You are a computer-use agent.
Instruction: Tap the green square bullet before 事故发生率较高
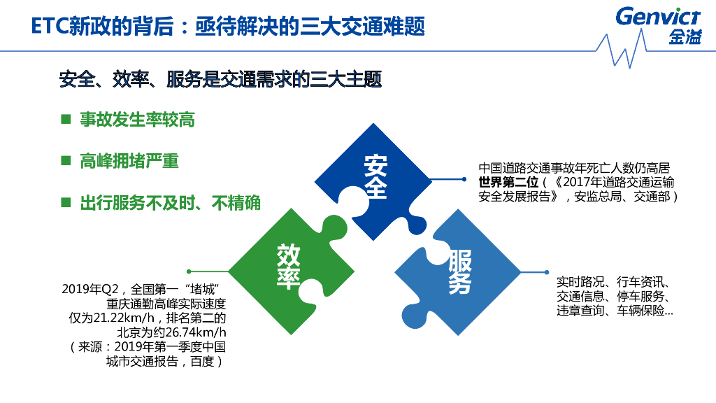[66, 120]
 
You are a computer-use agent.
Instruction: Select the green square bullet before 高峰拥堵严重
[66, 160]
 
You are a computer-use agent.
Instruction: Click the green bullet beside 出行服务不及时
[66, 202]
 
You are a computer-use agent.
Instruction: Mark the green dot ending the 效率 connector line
[189, 271]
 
